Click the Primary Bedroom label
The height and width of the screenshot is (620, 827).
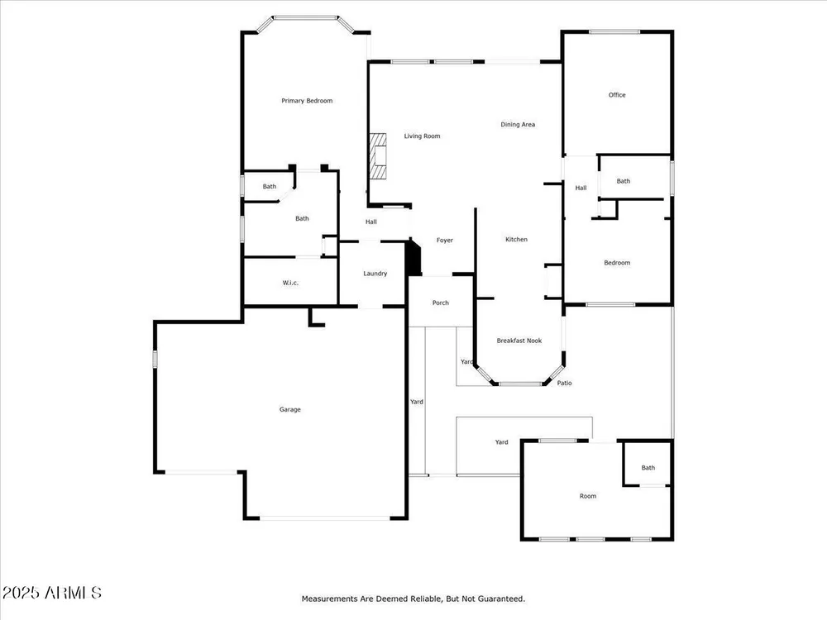click(x=307, y=101)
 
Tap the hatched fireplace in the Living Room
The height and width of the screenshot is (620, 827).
click(x=378, y=156)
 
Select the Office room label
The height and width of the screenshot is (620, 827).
click(x=617, y=95)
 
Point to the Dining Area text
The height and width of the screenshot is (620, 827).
click(x=518, y=125)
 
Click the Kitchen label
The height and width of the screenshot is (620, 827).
click(x=516, y=240)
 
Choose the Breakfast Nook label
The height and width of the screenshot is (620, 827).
click(x=519, y=341)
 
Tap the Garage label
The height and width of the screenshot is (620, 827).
click(x=290, y=409)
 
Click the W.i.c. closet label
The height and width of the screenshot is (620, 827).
click(x=290, y=283)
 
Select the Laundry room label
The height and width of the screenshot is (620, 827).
click(x=375, y=274)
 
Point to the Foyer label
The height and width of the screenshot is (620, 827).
click(x=445, y=241)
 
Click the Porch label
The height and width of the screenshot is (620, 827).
click(x=441, y=303)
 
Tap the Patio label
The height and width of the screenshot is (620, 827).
click(x=564, y=383)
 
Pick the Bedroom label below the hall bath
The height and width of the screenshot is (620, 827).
click(x=617, y=263)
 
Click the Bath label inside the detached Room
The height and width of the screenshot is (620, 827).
click(x=648, y=468)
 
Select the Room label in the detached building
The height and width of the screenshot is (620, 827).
click(x=588, y=496)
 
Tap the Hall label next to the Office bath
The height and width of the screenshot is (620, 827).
click(x=581, y=188)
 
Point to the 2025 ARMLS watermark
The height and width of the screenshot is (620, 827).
click(x=51, y=593)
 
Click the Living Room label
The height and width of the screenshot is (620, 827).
click(x=422, y=136)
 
